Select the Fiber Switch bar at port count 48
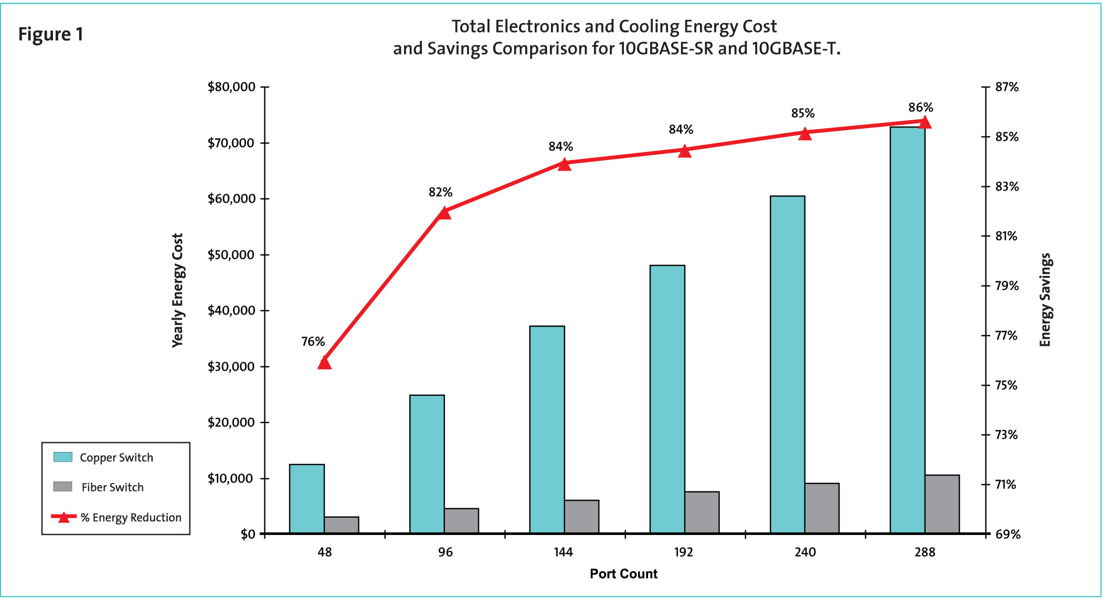[x=342, y=525]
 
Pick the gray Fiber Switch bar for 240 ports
[x=822, y=508]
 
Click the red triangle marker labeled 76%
[x=325, y=363]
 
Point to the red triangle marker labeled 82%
[x=444, y=213]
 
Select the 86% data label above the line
[x=920, y=108]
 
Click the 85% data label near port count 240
[x=803, y=113]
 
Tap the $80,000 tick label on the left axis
[x=231, y=87]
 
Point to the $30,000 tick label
[x=231, y=366]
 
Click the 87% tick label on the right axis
[x=1006, y=87]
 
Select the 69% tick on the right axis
[x=1007, y=534]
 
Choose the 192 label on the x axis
[x=683, y=552]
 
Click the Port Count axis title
[x=623, y=574]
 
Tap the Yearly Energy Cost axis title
[x=178, y=290]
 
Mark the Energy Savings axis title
[x=1045, y=300]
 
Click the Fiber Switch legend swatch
[x=63, y=487]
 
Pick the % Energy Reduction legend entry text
[x=131, y=518]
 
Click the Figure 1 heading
[x=51, y=35]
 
